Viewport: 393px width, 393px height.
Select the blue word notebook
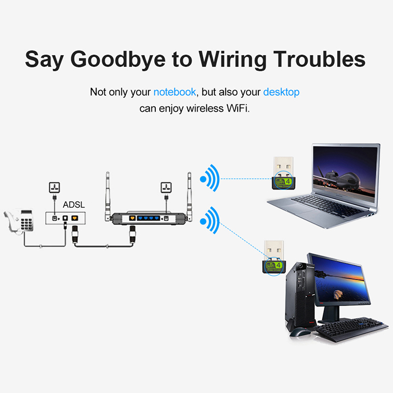click(x=174, y=92)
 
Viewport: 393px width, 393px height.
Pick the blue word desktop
click(x=281, y=92)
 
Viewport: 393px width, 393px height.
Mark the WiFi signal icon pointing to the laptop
click(x=210, y=179)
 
